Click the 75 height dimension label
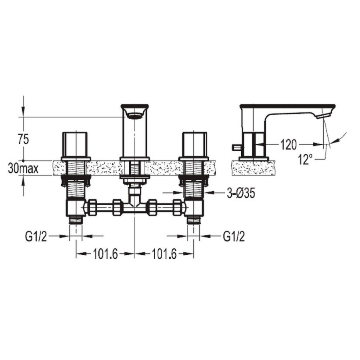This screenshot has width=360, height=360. [24, 140]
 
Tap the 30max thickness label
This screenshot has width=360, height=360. [23, 168]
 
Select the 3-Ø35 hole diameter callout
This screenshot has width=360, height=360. [241, 194]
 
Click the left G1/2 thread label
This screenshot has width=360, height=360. [36, 237]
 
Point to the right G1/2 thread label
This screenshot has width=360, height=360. [234, 237]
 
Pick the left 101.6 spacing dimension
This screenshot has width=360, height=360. [105, 254]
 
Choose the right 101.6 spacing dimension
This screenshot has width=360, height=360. [164, 254]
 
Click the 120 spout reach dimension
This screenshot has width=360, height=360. [288, 145]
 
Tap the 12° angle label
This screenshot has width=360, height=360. [305, 160]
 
